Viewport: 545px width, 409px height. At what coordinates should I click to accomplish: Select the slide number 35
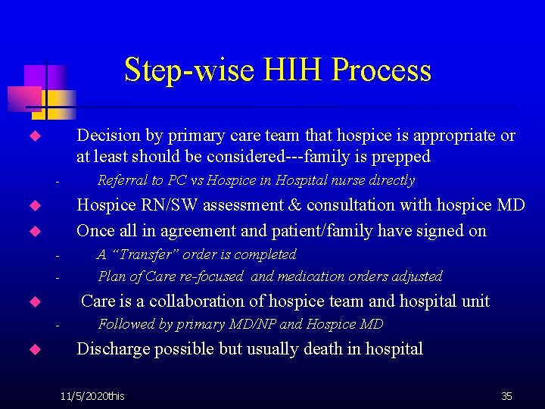click(x=506, y=396)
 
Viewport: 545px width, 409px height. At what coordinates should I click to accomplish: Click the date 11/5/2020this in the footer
click(x=93, y=396)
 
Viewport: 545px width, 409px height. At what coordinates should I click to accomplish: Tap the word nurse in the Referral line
click(x=353, y=180)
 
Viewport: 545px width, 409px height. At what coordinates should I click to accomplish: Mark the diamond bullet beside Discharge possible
click(x=33, y=350)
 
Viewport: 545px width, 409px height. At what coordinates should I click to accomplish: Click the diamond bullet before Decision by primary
click(x=33, y=137)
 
